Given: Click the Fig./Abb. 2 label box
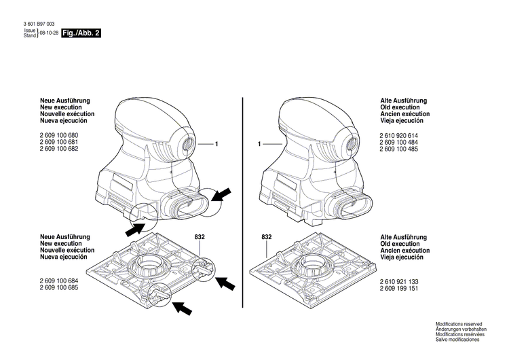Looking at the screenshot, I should coord(81,33).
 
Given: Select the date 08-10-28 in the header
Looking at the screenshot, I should coord(48,33).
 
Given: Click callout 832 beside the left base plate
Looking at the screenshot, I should coord(200,237).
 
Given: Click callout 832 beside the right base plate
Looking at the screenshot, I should coord(266,237).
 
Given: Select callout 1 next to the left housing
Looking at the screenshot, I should coord(216,145).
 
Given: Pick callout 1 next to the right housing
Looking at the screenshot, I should coord(260,145).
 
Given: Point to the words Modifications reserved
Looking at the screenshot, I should coord(459,325).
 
